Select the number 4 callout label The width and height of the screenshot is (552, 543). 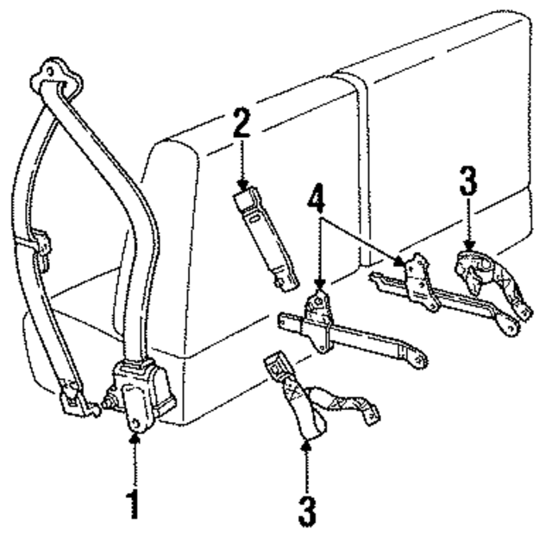click(x=318, y=206)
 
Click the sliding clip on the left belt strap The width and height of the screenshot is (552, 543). click(x=38, y=243)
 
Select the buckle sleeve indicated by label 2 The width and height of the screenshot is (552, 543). click(x=266, y=237)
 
